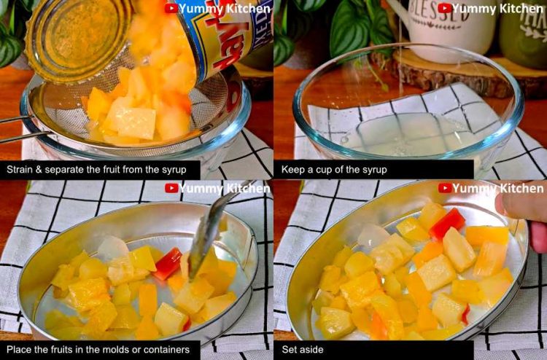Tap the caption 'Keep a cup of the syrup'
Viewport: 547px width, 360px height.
click(x=334, y=170)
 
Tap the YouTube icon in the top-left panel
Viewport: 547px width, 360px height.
click(x=171, y=8)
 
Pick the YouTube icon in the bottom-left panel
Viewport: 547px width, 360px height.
click(x=171, y=188)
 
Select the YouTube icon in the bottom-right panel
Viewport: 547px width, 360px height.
click(x=444, y=188)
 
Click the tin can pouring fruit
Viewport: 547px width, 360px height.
click(x=212, y=36)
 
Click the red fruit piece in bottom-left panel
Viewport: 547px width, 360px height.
click(x=168, y=263)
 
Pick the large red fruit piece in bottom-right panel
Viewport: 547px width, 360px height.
click(x=447, y=223)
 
